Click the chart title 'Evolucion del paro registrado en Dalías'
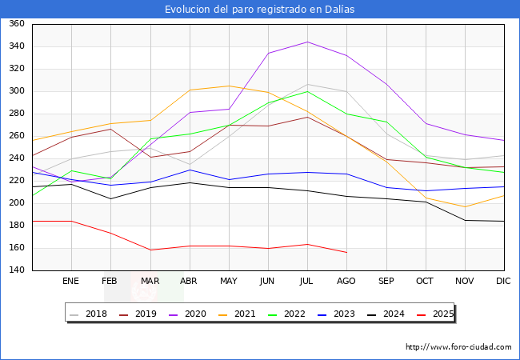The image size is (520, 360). pyautogui.click(x=260, y=9)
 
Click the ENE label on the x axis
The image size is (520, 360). pyautogui.click(x=71, y=282)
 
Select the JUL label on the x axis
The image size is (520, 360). pyautogui.click(x=307, y=282)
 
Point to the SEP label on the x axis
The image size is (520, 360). pyautogui.click(x=386, y=282)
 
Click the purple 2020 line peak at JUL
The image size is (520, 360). pyautogui.click(x=307, y=42)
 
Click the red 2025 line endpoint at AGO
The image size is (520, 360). pyautogui.click(x=346, y=253)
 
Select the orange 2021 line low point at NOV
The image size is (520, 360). pyautogui.click(x=465, y=207)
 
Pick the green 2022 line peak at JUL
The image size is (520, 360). pyautogui.click(x=307, y=91)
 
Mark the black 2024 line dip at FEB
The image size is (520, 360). pyautogui.click(x=110, y=198)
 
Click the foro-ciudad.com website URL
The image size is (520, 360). pyautogui.click(x=458, y=347)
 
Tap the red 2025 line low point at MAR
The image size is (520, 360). pyautogui.click(x=150, y=250)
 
